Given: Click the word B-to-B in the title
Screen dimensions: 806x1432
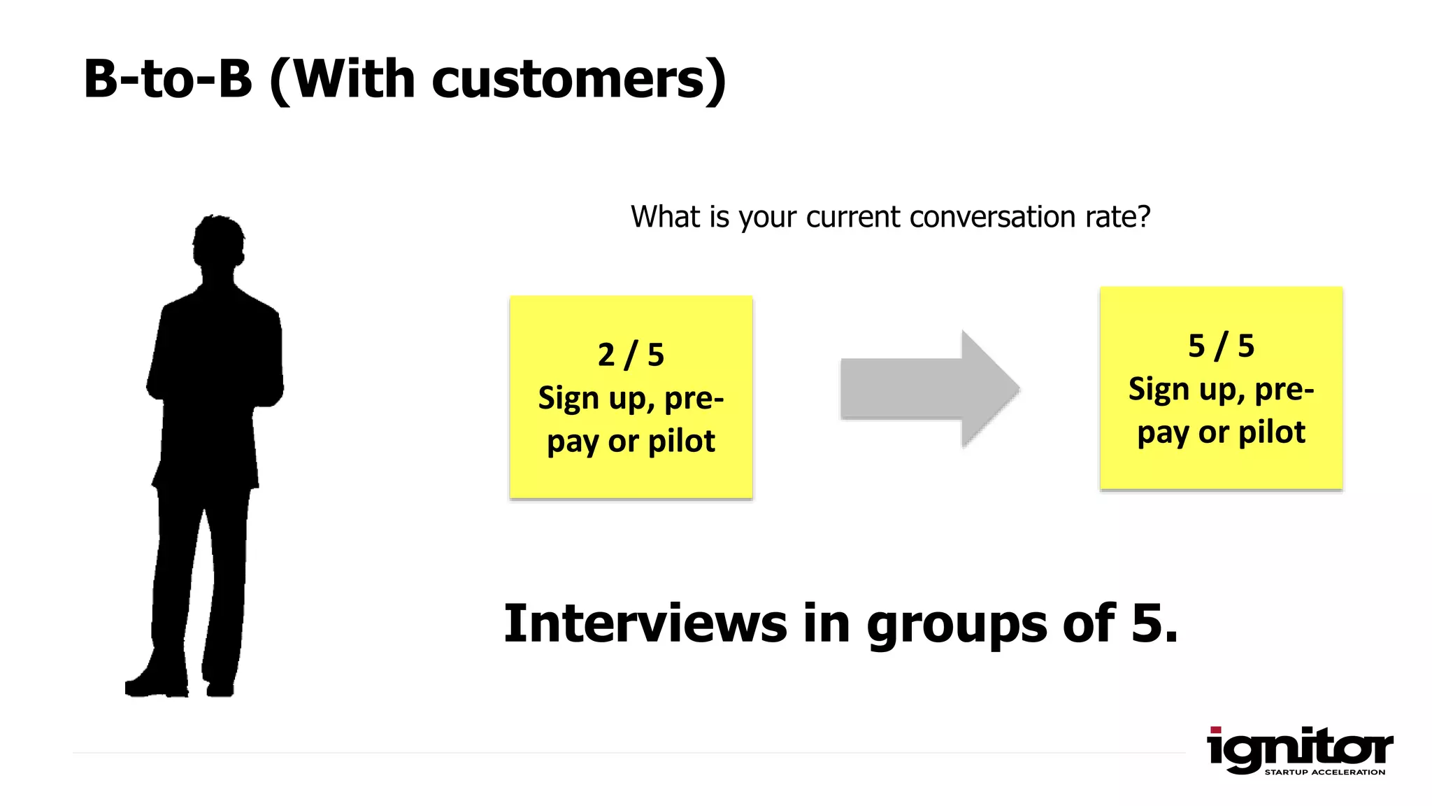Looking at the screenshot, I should [x=168, y=78].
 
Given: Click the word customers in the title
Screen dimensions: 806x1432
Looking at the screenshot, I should [x=568, y=78].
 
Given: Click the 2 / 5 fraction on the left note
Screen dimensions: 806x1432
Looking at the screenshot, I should [x=631, y=355].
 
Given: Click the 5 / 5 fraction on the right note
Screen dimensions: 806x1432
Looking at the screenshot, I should [x=1221, y=346].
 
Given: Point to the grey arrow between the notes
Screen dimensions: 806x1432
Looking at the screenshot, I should [x=930, y=388].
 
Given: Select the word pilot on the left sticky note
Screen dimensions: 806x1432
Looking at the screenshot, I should [x=681, y=441].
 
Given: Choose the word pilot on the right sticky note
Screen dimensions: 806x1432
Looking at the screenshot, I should [x=1271, y=432].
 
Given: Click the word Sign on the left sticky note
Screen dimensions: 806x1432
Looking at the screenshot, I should [x=568, y=399].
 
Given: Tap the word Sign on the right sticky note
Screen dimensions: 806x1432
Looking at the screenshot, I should [x=1158, y=390].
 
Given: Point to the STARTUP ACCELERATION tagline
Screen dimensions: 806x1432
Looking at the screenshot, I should [x=1324, y=772].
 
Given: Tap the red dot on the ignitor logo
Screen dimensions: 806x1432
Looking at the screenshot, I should [x=1215, y=730].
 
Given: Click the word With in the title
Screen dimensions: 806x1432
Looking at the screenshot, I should [x=354, y=78].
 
